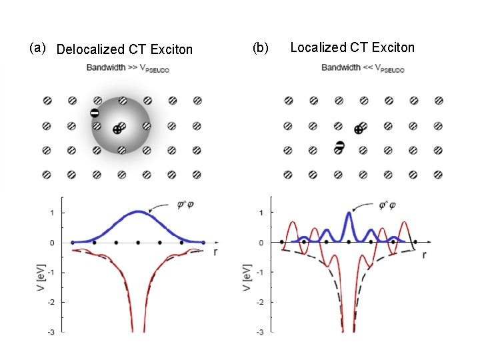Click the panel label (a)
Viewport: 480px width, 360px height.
point(37,48)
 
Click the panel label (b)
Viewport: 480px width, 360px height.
point(260,48)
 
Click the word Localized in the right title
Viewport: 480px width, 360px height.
point(316,47)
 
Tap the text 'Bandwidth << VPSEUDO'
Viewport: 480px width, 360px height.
point(363,67)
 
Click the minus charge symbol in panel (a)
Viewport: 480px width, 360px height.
point(95,113)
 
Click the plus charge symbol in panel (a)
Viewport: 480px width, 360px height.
point(117,130)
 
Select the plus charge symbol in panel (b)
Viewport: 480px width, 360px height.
point(359,129)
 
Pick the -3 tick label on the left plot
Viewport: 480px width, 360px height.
point(51,331)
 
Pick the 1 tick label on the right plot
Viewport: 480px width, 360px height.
point(260,213)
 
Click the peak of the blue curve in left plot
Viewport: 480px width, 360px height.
point(138,212)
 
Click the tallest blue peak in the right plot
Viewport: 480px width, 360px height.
point(349,213)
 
